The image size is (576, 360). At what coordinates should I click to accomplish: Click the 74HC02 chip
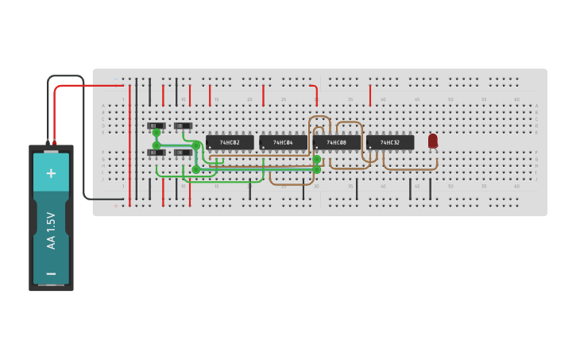230,142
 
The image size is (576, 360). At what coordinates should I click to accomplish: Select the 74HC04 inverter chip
283,142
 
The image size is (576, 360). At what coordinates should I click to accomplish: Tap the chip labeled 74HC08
336,142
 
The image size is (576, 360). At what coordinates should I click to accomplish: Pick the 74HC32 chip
390,142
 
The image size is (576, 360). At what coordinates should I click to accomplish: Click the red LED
432,140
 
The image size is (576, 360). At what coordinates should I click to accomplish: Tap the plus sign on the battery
51,172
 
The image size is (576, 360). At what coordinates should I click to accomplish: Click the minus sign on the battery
51,273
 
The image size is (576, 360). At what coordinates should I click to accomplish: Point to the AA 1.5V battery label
51,230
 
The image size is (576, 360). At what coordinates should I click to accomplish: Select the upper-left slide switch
156,126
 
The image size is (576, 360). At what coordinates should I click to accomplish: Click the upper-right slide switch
183,126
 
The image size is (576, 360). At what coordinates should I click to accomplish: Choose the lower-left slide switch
156,153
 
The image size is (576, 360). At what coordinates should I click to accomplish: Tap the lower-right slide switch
183,153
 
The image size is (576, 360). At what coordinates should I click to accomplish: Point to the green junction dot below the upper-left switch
157,134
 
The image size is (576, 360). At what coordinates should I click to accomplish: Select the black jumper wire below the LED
431,189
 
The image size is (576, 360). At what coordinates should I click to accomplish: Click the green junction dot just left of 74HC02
196,145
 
